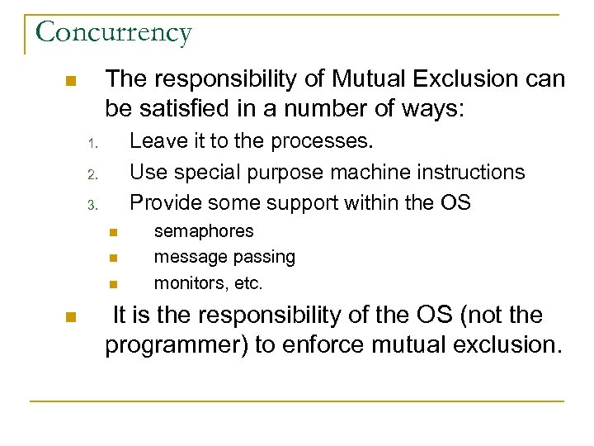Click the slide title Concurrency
pos(114,32)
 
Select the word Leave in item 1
pos(159,141)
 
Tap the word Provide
pos(169,202)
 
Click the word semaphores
pos(204,231)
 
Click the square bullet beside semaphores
pos(113,232)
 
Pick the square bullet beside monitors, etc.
pos(113,285)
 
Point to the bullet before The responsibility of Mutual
pos(70,82)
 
